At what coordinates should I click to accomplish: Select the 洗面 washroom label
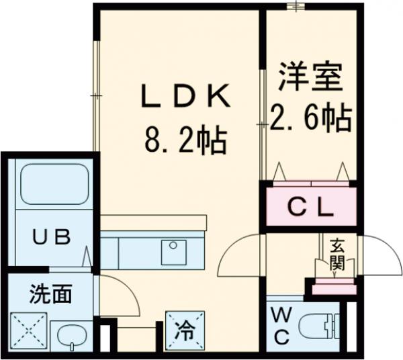point(50,294)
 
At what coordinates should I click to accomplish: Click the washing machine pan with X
point(29,330)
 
